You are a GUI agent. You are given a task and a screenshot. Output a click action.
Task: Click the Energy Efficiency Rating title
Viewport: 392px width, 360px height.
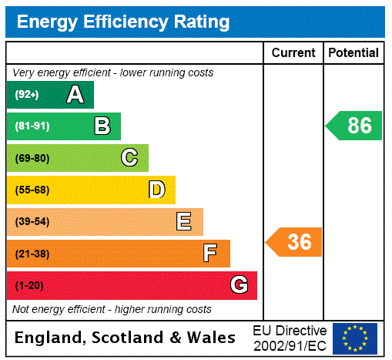pos(123,22)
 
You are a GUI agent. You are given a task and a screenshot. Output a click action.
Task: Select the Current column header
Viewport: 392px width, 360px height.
pos(293,53)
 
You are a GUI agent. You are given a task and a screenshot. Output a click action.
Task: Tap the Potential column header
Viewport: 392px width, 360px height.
pos(353,53)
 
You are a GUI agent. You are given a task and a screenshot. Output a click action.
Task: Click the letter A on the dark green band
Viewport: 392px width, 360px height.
pos(75,95)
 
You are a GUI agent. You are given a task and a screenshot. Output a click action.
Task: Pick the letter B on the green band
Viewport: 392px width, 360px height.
pos(102,126)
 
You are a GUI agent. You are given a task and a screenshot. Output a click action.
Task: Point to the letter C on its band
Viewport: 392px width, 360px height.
pos(129,158)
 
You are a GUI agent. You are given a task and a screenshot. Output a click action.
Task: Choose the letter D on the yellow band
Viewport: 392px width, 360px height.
pos(156,190)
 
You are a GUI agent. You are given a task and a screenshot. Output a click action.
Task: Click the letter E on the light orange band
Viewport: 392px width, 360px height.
pos(184,222)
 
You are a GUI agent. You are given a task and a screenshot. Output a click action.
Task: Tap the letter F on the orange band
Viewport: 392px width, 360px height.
pos(209,254)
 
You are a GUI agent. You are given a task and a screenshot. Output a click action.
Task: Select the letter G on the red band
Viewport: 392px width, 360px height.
pos(239,285)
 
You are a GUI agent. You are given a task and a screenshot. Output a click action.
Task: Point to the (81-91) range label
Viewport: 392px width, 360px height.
pos(32,126)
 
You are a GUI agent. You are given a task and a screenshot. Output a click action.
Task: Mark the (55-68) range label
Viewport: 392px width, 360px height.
pos(32,190)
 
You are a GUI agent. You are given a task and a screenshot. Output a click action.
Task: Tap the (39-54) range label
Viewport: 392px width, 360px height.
pos(32,222)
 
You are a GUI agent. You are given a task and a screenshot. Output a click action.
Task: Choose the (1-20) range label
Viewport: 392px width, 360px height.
pos(29,285)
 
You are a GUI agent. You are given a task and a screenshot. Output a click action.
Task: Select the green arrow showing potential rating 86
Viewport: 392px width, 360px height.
pos(355,126)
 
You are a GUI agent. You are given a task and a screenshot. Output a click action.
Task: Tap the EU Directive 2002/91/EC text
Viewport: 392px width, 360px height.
pos(290,338)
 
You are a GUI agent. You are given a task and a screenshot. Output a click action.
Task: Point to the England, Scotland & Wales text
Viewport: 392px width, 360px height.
pos(126,338)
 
